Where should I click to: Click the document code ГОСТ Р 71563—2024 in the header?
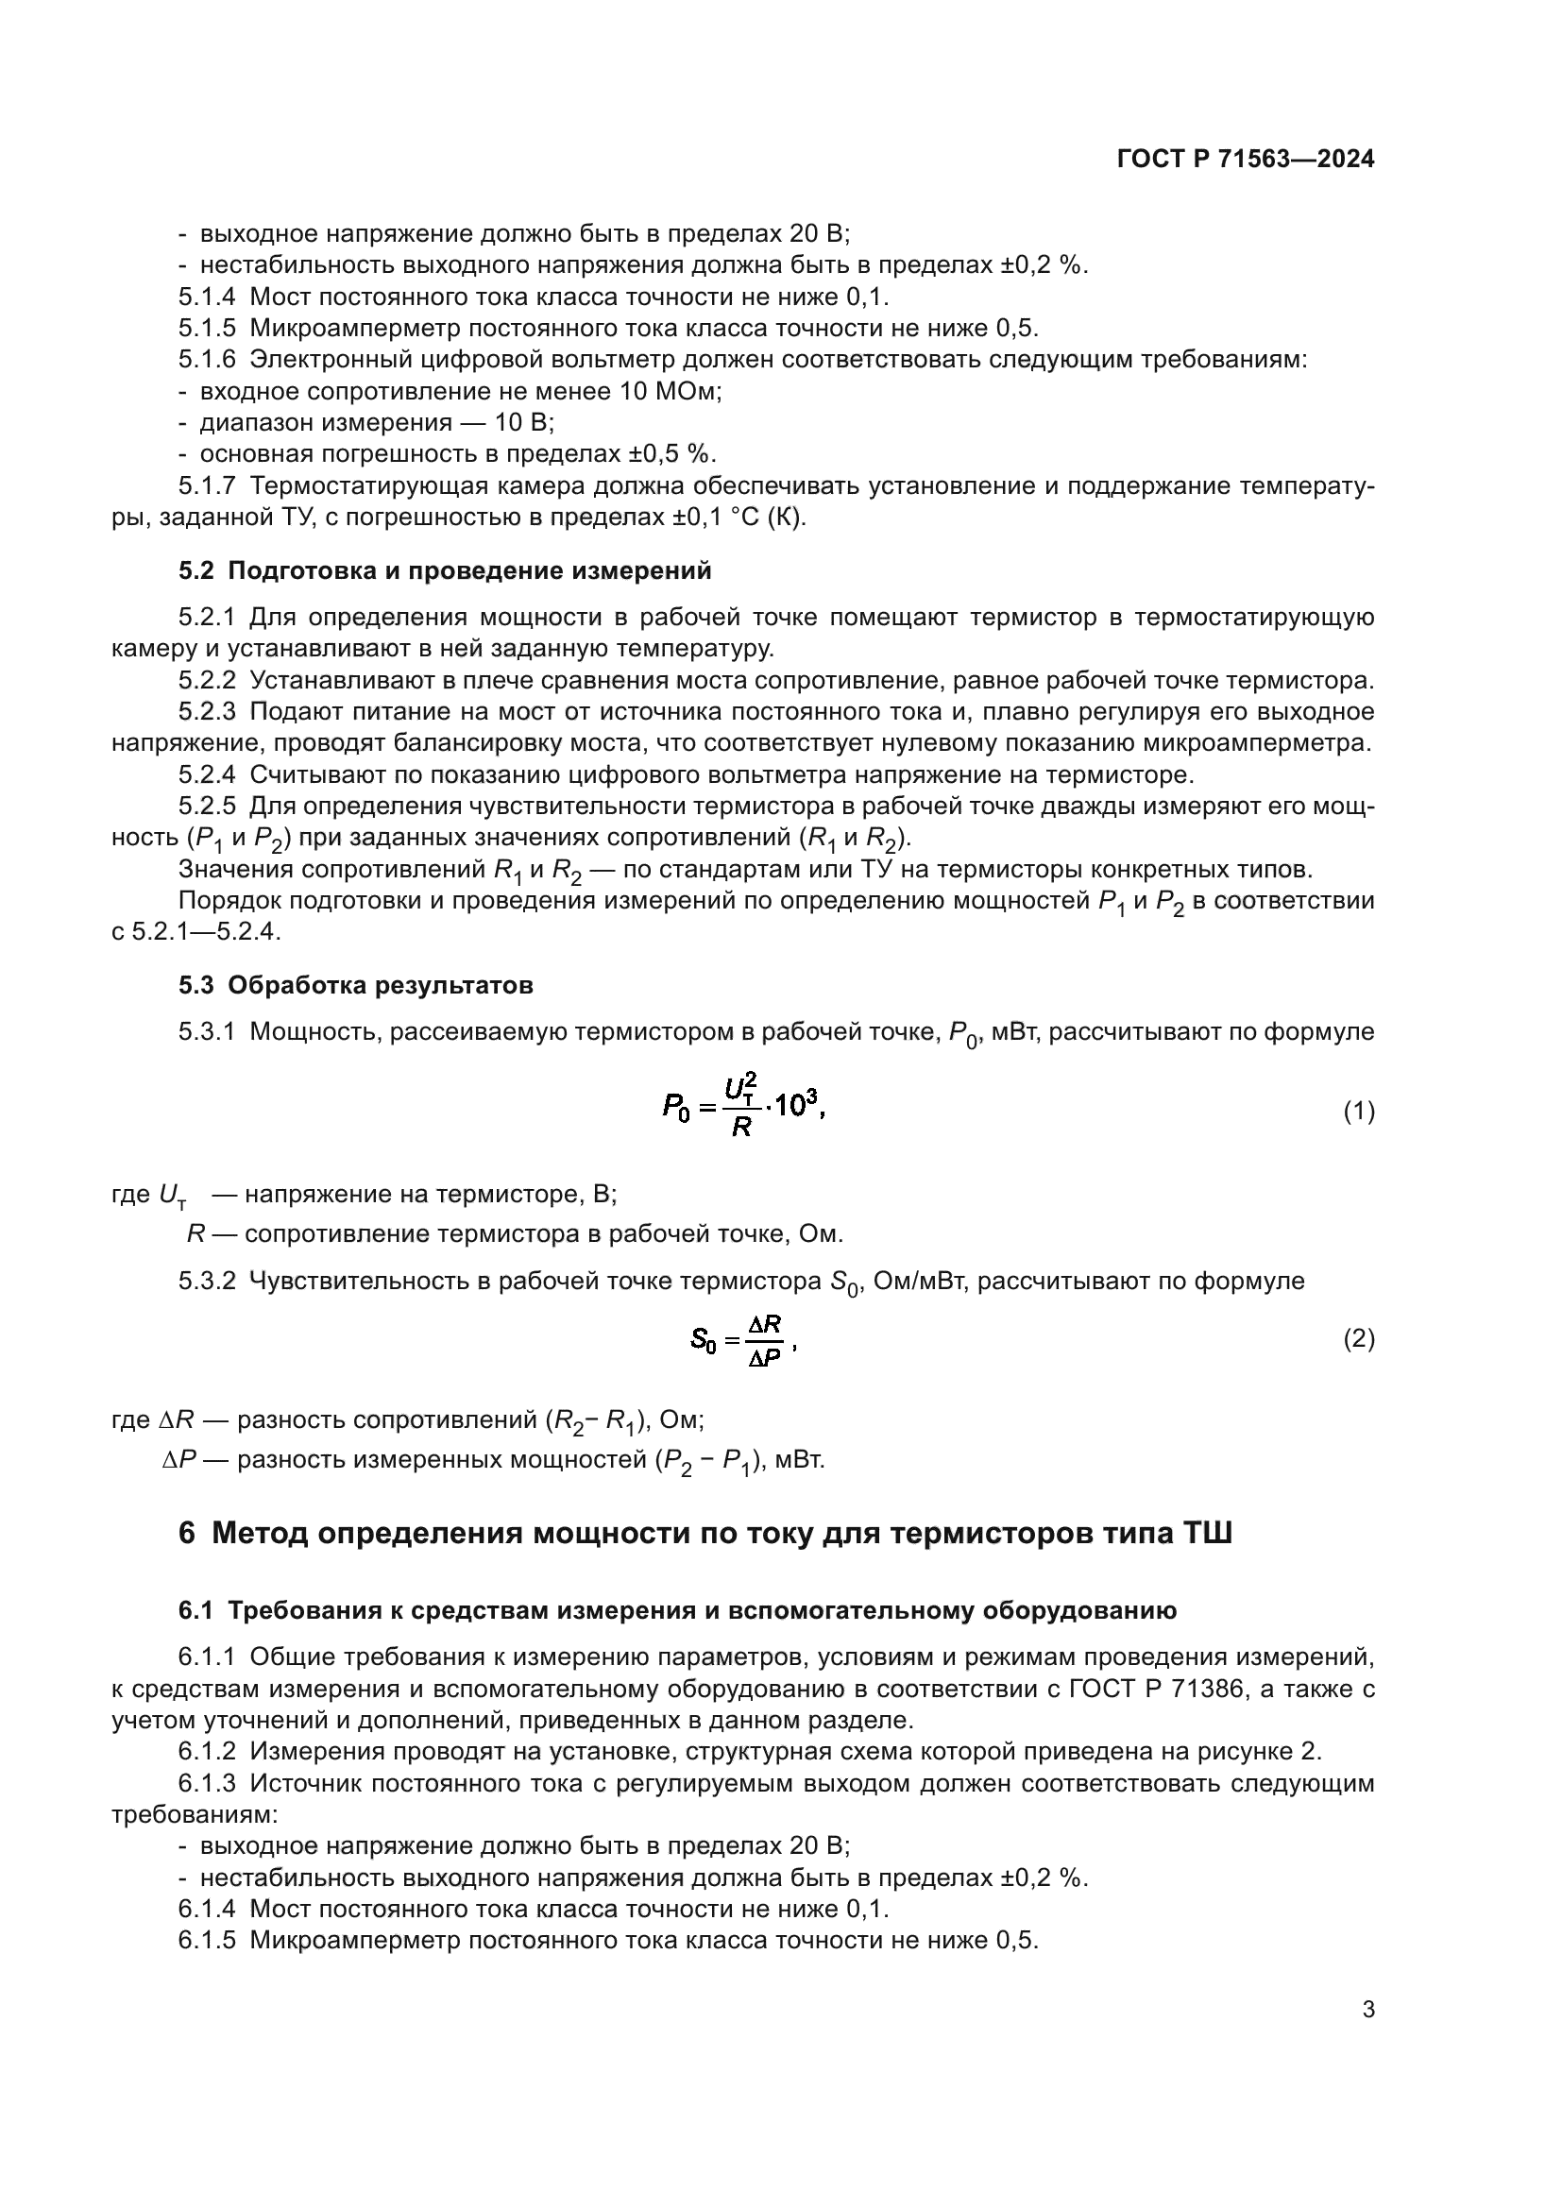(1246, 160)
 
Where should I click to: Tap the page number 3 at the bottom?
(1367, 2009)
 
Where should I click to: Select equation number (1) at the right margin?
(1358, 1113)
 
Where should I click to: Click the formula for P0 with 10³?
(743, 1109)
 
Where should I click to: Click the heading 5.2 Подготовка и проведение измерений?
(445, 570)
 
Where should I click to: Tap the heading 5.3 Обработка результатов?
(355, 985)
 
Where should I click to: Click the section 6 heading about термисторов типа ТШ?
(705, 1532)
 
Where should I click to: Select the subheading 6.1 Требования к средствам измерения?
(677, 1610)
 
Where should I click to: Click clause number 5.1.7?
(207, 485)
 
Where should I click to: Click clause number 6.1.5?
(207, 1941)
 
